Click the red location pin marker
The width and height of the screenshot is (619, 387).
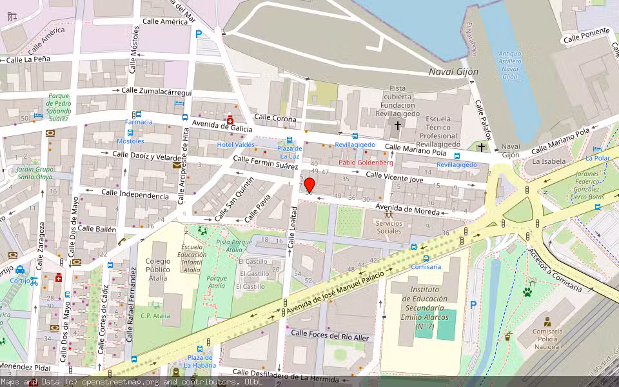click(x=309, y=186)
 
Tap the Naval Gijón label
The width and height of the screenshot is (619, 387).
click(x=454, y=72)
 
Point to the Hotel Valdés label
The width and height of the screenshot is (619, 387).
click(x=235, y=144)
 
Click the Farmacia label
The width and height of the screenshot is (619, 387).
click(x=139, y=122)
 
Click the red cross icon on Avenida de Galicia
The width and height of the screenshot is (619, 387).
click(x=230, y=121)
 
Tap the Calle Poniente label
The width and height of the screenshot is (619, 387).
click(x=586, y=35)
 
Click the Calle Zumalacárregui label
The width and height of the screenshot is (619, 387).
click(x=157, y=92)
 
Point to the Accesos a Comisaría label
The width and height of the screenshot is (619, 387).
click(x=554, y=271)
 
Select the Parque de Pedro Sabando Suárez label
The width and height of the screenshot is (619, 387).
click(x=58, y=108)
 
